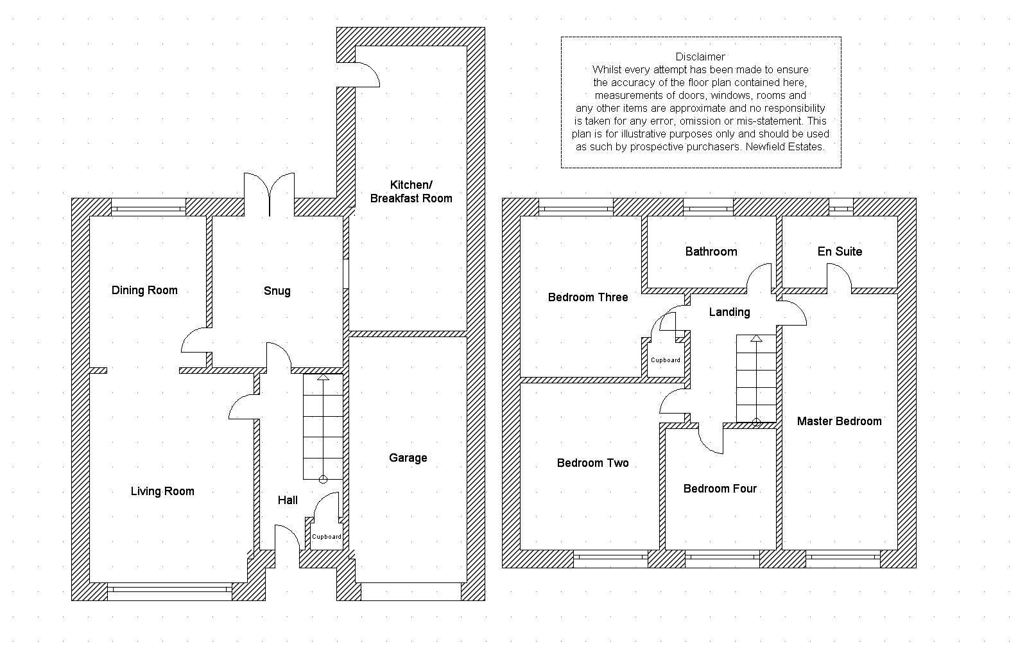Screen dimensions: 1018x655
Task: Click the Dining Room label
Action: tap(144, 290)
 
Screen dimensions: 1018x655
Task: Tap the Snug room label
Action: tap(277, 291)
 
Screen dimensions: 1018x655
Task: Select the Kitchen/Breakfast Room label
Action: tap(411, 191)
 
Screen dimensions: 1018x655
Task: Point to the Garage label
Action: tap(408, 458)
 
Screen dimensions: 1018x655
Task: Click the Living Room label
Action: tap(162, 491)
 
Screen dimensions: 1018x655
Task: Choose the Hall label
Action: tap(287, 500)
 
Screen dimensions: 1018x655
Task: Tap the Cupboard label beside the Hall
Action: tap(326, 537)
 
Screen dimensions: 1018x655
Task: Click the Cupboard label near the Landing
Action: tap(666, 360)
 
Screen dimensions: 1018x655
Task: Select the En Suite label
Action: tap(840, 251)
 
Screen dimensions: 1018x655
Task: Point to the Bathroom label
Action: tap(711, 251)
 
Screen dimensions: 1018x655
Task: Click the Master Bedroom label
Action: tap(839, 421)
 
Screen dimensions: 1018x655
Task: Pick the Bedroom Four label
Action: tap(720, 489)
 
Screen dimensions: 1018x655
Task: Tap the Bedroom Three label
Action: tap(587, 297)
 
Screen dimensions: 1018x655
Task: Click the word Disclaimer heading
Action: tap(700, 57)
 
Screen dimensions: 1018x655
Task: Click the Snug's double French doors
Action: tap(270, 195)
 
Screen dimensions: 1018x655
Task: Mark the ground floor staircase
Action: tap(323, 427)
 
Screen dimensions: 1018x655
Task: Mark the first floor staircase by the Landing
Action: tap(756, 380)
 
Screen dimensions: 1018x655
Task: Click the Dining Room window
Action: tap(149, 207)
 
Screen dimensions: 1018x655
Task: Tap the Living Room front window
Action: tap(170, 591)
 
